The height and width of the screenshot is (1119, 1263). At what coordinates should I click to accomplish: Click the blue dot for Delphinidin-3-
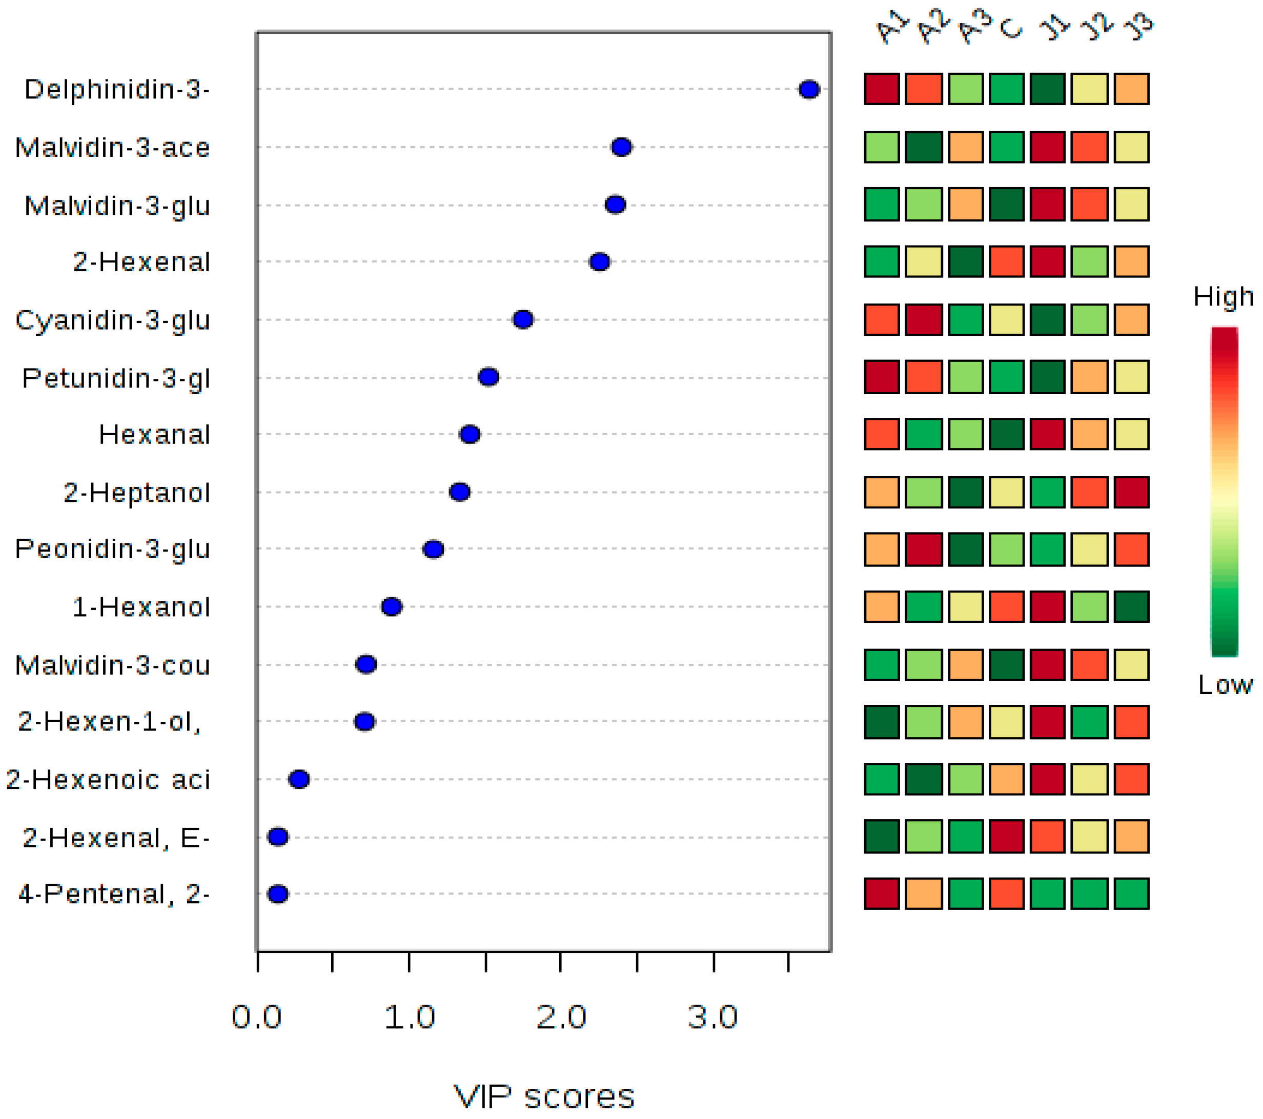click(x=809, y=90)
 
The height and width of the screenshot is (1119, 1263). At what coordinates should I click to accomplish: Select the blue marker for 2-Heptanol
click(x=460, y=492)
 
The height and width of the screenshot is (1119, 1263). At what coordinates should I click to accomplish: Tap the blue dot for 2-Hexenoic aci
click(x=299, y=779)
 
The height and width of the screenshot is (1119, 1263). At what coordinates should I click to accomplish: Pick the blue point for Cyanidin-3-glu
click(x=523, y=319)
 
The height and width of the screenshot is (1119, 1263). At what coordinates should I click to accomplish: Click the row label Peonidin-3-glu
click(x=112, y=548)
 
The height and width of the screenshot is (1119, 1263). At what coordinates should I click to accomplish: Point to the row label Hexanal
click(x=154, y=434)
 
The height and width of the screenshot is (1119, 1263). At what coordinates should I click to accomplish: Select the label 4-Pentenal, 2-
click(x=114, y=893)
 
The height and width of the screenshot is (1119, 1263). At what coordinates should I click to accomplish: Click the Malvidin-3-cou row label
click(x=112, y=665)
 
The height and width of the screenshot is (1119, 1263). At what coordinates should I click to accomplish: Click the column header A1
click(x=892, y=28)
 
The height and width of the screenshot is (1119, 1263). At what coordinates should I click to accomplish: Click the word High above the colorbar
click(x=1223, y=297)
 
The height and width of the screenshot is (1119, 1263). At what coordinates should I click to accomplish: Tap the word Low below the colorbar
click(x=1225, y=685)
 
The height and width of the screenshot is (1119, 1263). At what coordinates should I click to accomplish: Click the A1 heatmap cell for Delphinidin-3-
click(x=882, y=89)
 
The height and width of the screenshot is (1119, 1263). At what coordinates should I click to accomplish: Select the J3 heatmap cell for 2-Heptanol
click(x=1131, y=492)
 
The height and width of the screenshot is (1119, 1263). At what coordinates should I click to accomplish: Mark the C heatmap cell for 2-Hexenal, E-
click(x=1007, y=837)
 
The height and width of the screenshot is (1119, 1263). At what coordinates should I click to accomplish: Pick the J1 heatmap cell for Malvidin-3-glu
click(x=1047, y=205)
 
